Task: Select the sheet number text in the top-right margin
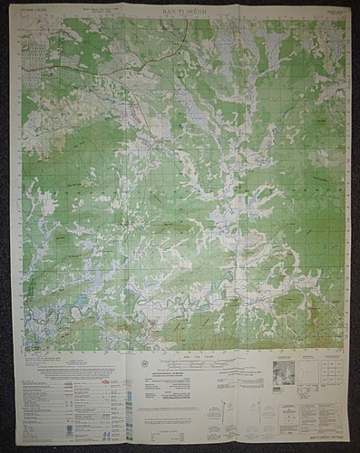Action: click(332, 13)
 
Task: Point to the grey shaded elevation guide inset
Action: click(284, 373)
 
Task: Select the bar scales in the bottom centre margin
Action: click(195, 370)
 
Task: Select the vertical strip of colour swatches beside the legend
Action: click(129, 403)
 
